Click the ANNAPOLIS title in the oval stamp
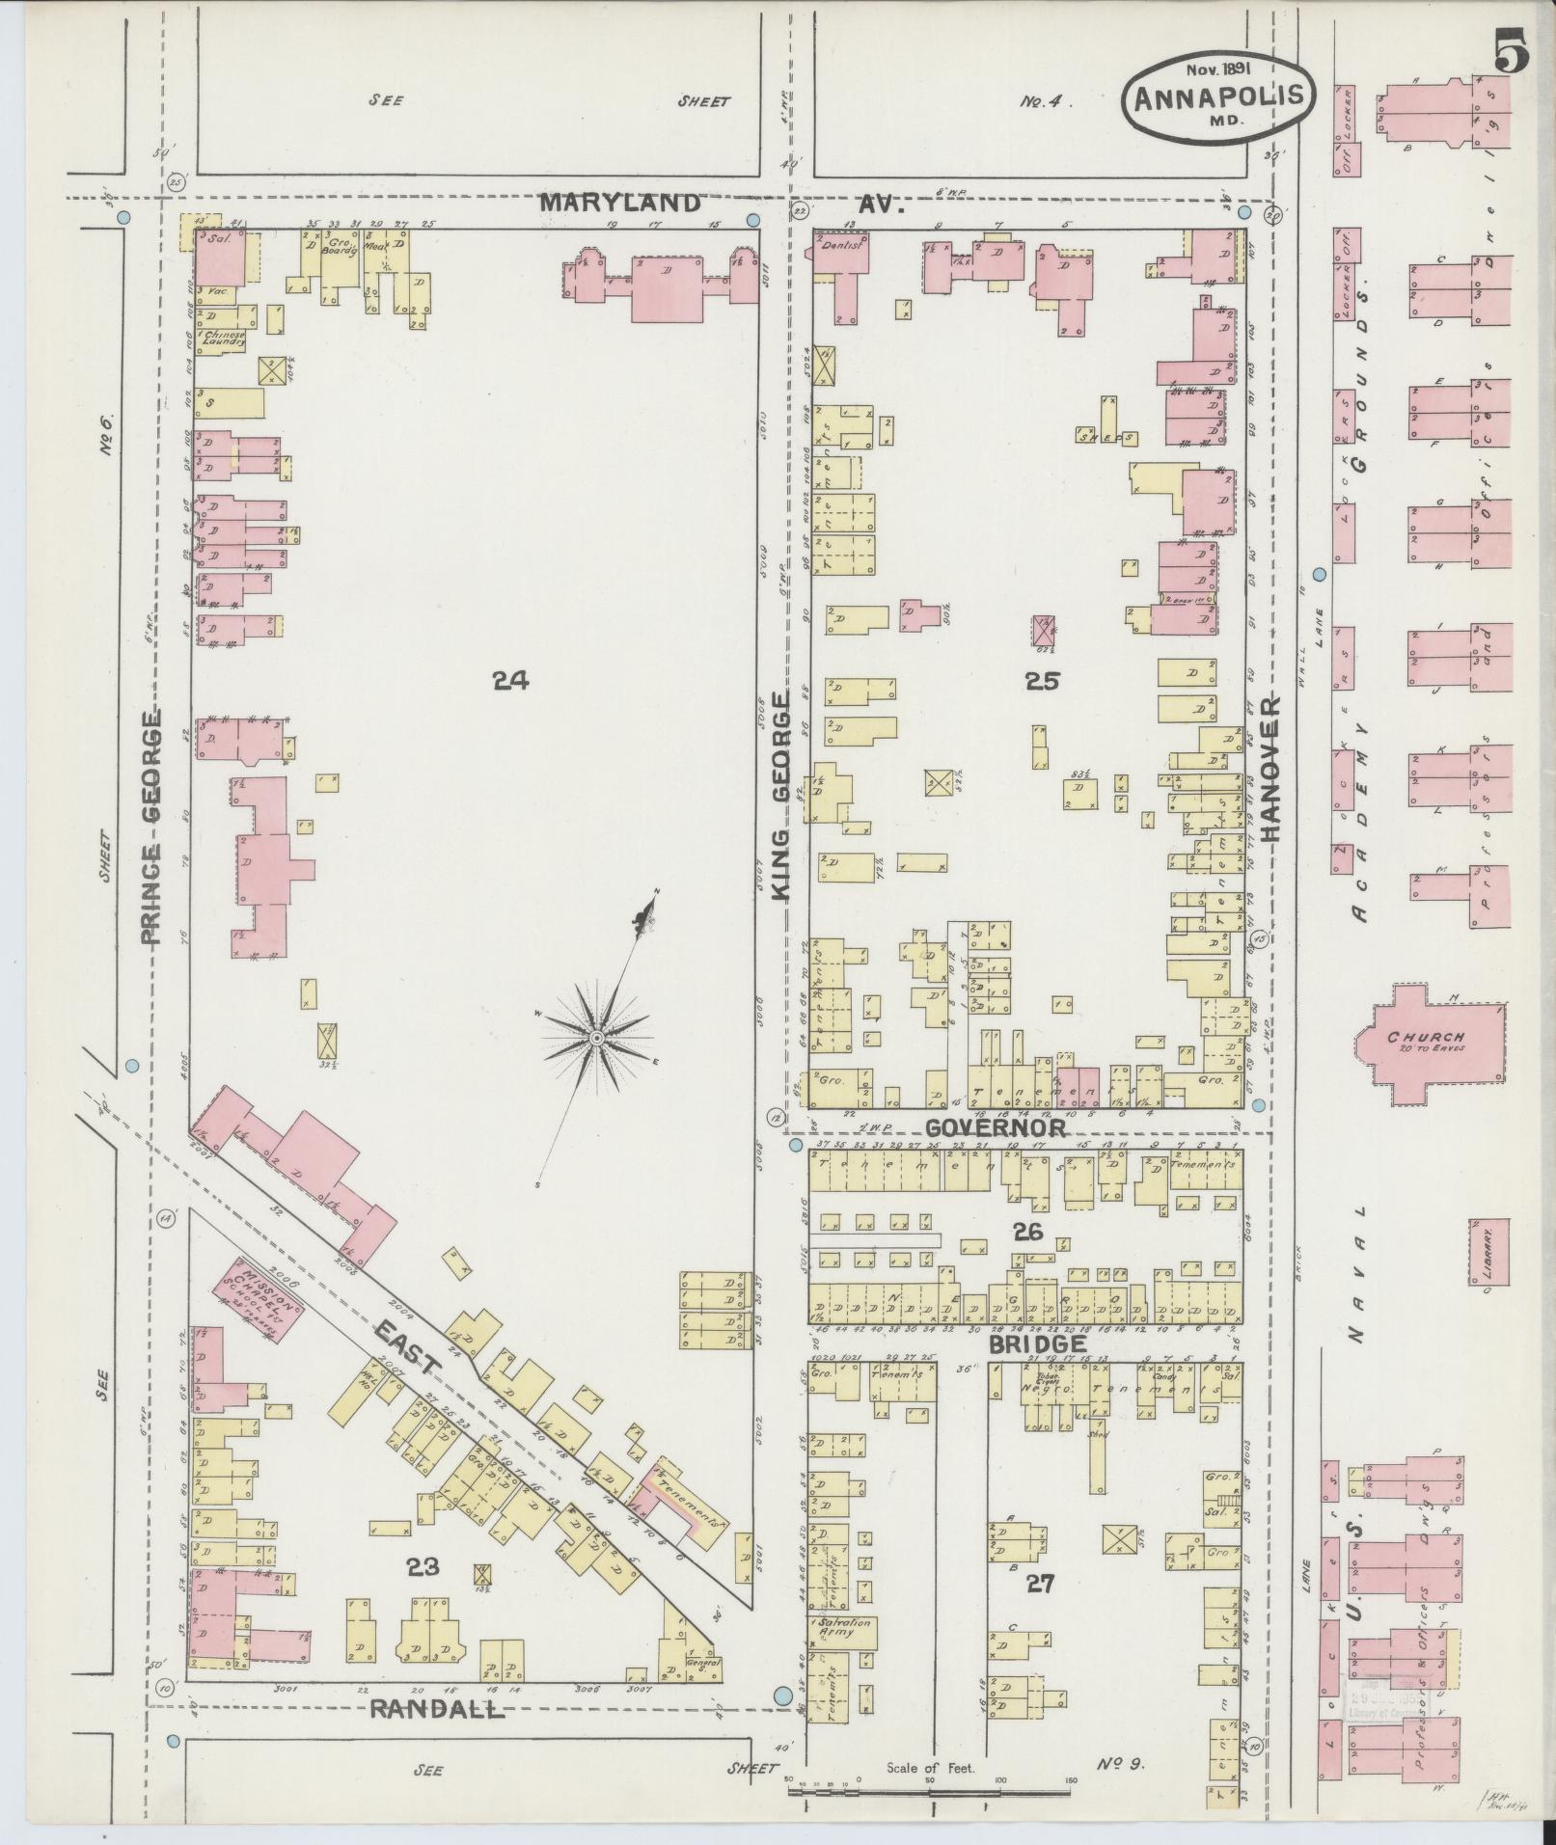tap(1218, 96)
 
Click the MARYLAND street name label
tap(619, 203)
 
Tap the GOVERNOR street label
tap(995, 1127)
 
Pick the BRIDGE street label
tap(1036, 1344)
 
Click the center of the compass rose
tap(597, 1037)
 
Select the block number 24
tap(510, 682)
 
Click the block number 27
tap(1040, 1583)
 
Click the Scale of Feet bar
tap(931, 1790)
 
